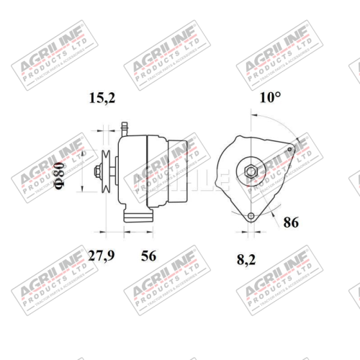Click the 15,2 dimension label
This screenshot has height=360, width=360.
(102, 99)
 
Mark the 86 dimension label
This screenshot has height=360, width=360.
(291, 222)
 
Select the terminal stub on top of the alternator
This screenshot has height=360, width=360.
(123, 127)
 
